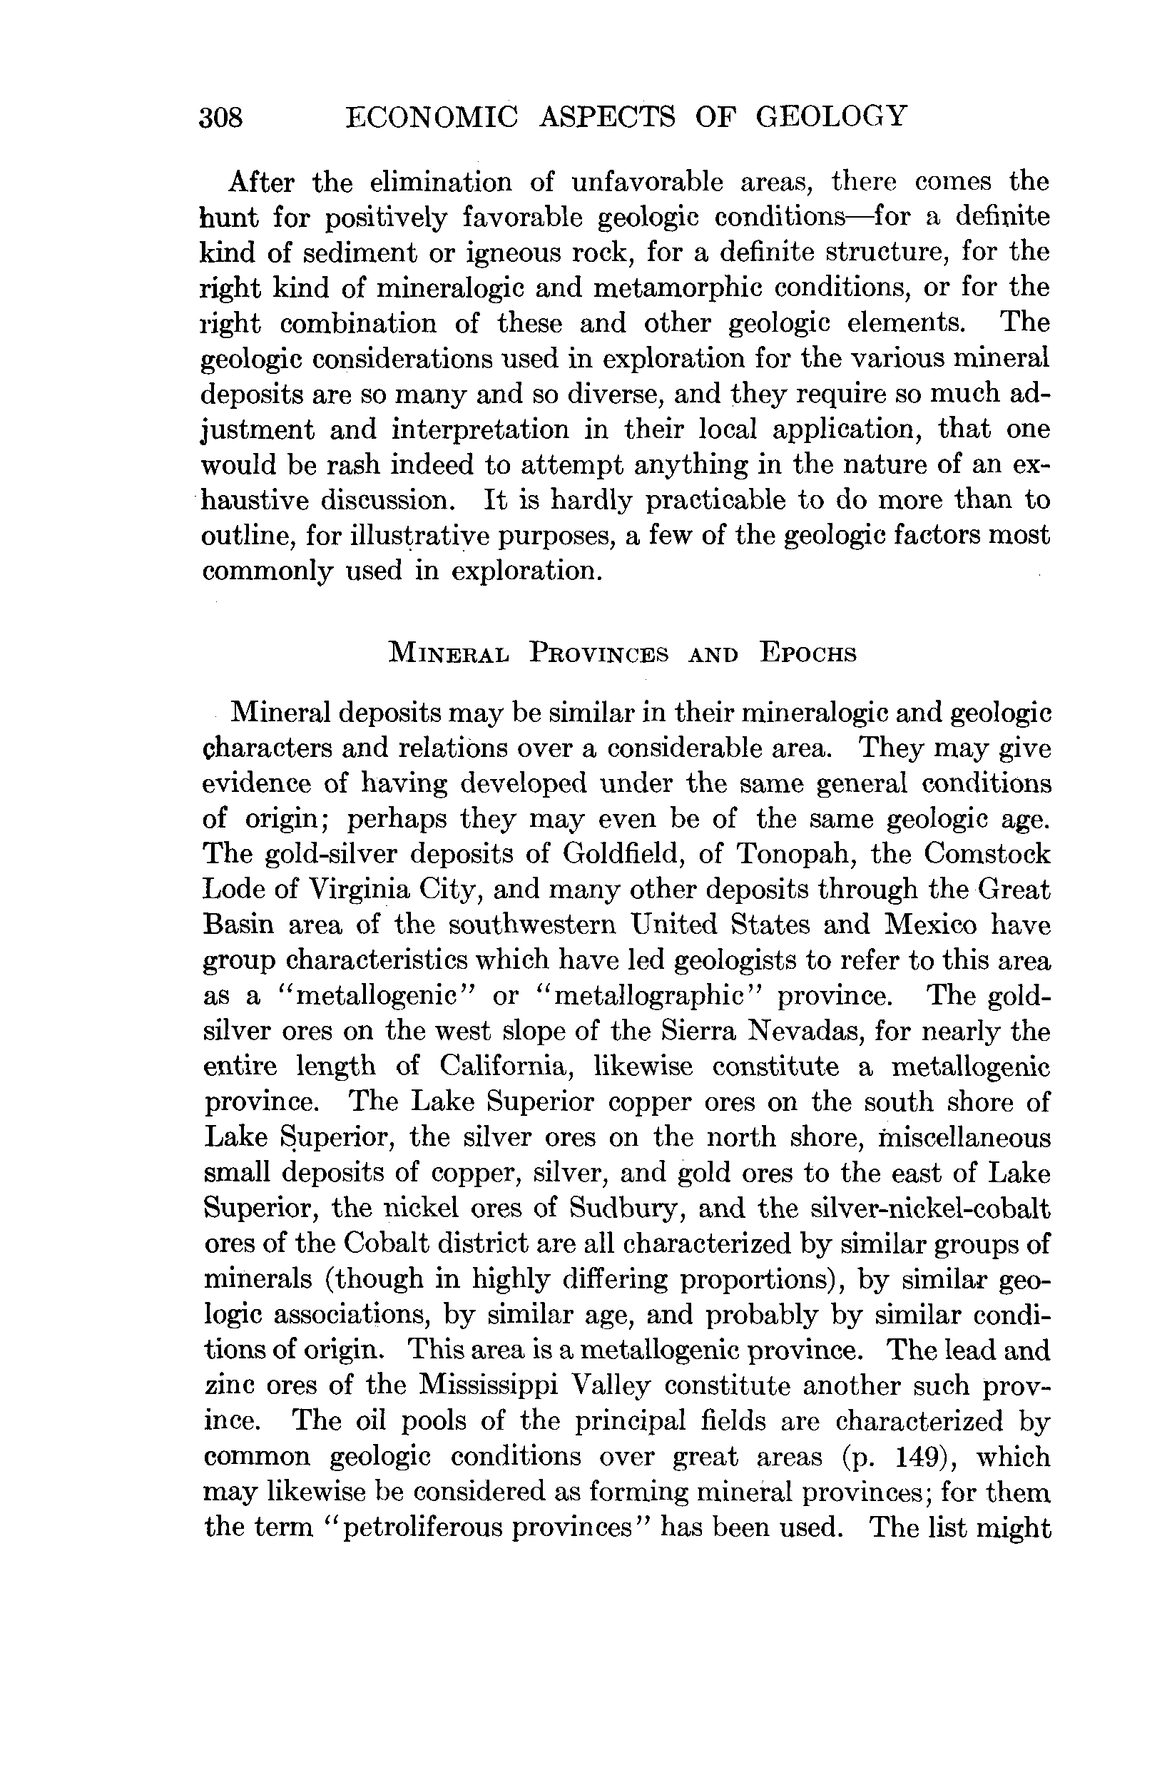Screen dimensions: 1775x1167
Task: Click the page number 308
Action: click(221, 118)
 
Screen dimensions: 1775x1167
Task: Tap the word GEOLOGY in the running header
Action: click(832, 116)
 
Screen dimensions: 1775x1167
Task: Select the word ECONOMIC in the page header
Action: click(432, 117)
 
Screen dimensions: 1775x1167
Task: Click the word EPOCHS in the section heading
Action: click(808, 653)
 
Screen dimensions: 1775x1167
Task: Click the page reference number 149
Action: click(917, 1458)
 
